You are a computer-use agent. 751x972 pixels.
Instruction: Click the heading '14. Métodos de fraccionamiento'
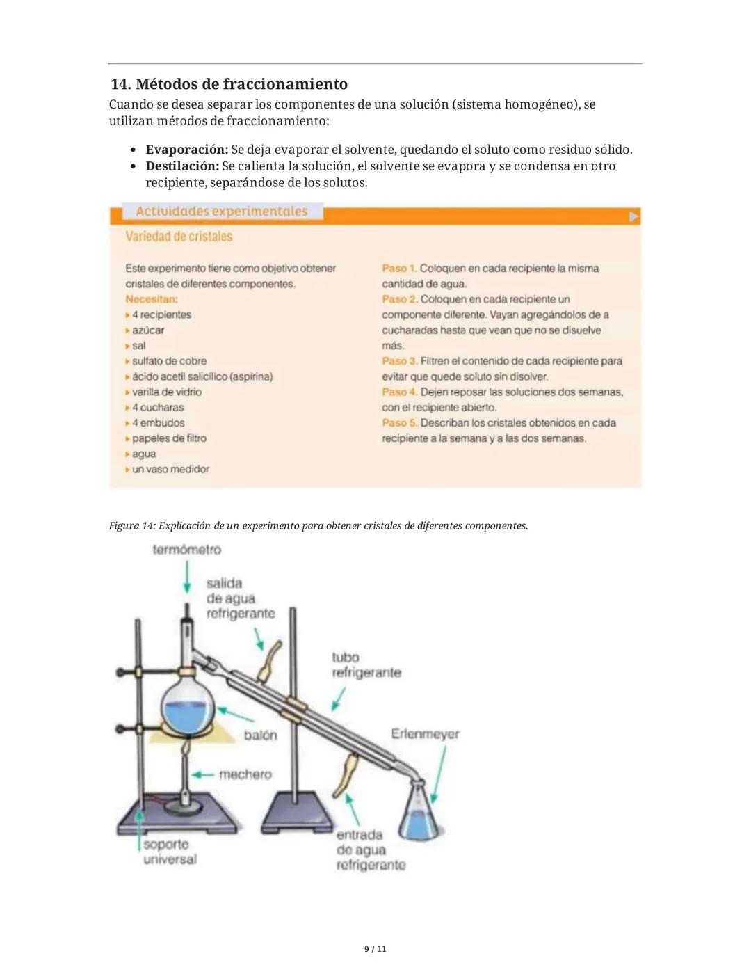(x=229, y=84)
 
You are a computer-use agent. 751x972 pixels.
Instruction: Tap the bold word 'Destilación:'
(x=182, y=166)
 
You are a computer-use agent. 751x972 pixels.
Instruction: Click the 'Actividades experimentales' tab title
(x=221, y=212)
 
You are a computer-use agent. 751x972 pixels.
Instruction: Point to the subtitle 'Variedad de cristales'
(x=179, y=237)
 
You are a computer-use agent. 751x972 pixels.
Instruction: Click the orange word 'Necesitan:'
(x=152, y=299)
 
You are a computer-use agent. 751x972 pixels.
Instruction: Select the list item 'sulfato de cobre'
(x=169, y=361)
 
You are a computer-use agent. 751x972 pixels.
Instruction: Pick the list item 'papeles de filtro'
(x=169, y=438)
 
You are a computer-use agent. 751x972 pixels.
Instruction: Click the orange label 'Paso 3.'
(x=399, y=361)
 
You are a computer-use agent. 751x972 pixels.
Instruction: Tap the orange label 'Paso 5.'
(x=399, y=423)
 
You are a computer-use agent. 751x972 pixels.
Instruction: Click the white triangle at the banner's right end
(x=633, y=216)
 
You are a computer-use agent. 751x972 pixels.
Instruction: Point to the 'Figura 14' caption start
(x=132, y=526)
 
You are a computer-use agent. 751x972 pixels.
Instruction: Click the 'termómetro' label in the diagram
(x=186, y=550)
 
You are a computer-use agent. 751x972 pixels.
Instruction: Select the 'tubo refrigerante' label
(x=366, y=665)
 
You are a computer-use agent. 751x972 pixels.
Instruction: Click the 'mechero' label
(x=245, y=774)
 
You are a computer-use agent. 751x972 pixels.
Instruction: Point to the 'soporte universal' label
(x=169, y=852)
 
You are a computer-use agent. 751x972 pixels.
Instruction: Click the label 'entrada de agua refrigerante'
(x=370, y=850)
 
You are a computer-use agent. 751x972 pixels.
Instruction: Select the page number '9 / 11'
(x=375, y=949)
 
